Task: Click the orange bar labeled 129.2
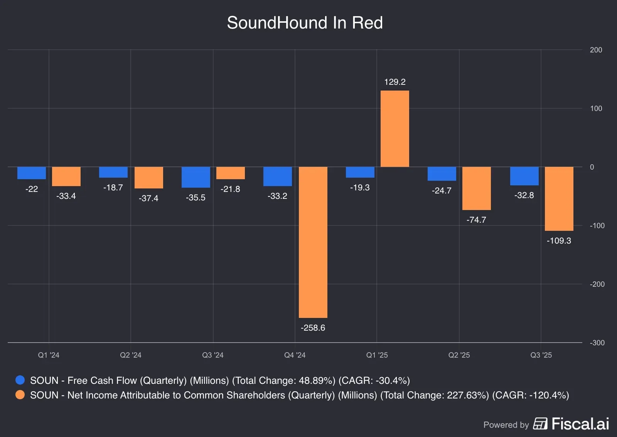click(x=394, y=129)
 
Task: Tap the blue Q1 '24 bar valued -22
click(x=32, y=173)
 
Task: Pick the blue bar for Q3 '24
click(x=196, y=177)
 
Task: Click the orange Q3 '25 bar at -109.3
click(x=559, y=199)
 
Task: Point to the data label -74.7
click(x=476, y=220)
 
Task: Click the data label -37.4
click(x=148, y=198)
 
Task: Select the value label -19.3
click(x=360, y=188)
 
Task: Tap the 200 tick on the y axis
click(x=596, y=50)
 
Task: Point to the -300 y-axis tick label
click(x=597, y=343)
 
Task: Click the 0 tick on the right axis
click(x=592, y=167)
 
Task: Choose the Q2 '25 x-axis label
click(x=459, y=355)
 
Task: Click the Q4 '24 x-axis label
click(x=295, y=355)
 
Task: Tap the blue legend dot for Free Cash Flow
click(x=20, y=380)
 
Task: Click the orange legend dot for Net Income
click(x=20, y=395)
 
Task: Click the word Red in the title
click(x=367, y=23)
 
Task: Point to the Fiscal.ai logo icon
click(x=540, y=424)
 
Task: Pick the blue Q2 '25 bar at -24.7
click(x=442, y=174)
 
